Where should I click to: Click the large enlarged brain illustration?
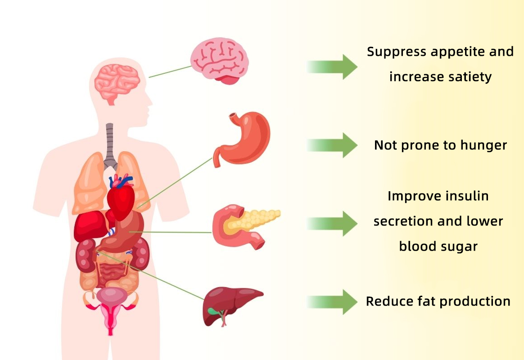(x=219, y=60)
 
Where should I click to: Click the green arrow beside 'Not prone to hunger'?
(x=332, y=145)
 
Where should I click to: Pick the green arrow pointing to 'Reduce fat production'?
(x=332, y=302)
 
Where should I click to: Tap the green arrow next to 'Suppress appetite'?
(x=332, y=67)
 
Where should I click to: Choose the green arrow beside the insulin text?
(x=332, y=223)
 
